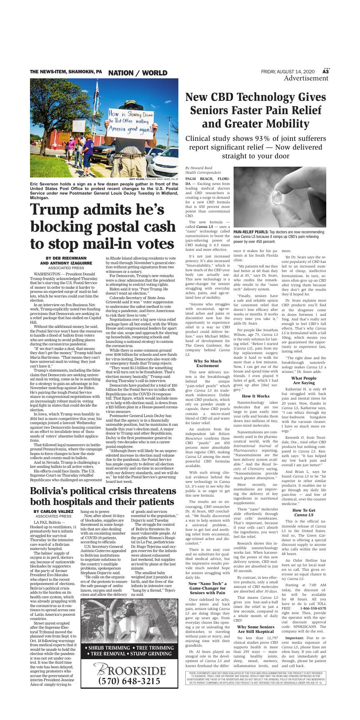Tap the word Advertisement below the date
tap(305, 78)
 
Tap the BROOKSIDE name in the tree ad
tap(130, 670)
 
